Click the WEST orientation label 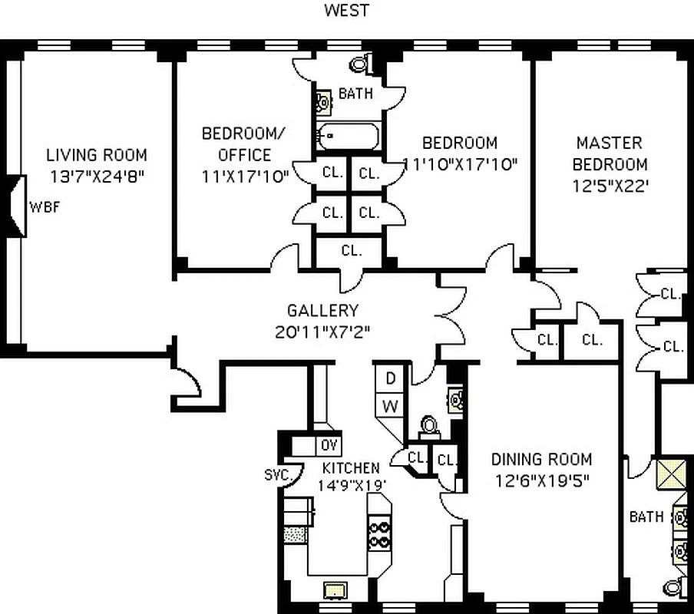coord(347,10)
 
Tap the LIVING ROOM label coord(96,155)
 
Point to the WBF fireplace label coord(44,206)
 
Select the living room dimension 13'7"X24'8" coord(96,176)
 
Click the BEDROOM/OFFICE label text coord(244,144)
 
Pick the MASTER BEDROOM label coord(610,153)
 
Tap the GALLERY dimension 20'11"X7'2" coord(322,332)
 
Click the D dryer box coord(390,378)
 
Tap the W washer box coord(390,406)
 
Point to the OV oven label coord(329,446)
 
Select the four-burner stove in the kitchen coord(379,534)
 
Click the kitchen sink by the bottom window coord(334,589)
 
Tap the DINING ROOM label coord(541,460)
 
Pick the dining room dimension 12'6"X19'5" coord(541,480)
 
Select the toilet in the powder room coord(429,425)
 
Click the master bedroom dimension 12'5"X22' coord(610,186)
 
